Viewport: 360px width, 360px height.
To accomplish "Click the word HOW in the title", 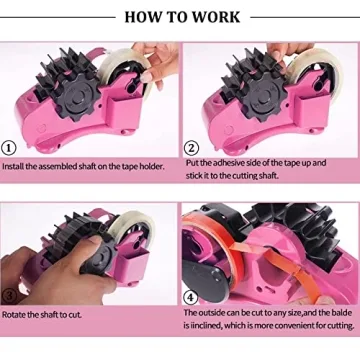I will tap(140, 17).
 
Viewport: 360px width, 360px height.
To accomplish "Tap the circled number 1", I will tap(9, 148).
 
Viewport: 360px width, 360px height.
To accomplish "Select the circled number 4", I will tap(191, 297).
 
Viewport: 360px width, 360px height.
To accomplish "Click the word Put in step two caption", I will tap(192, 162).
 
